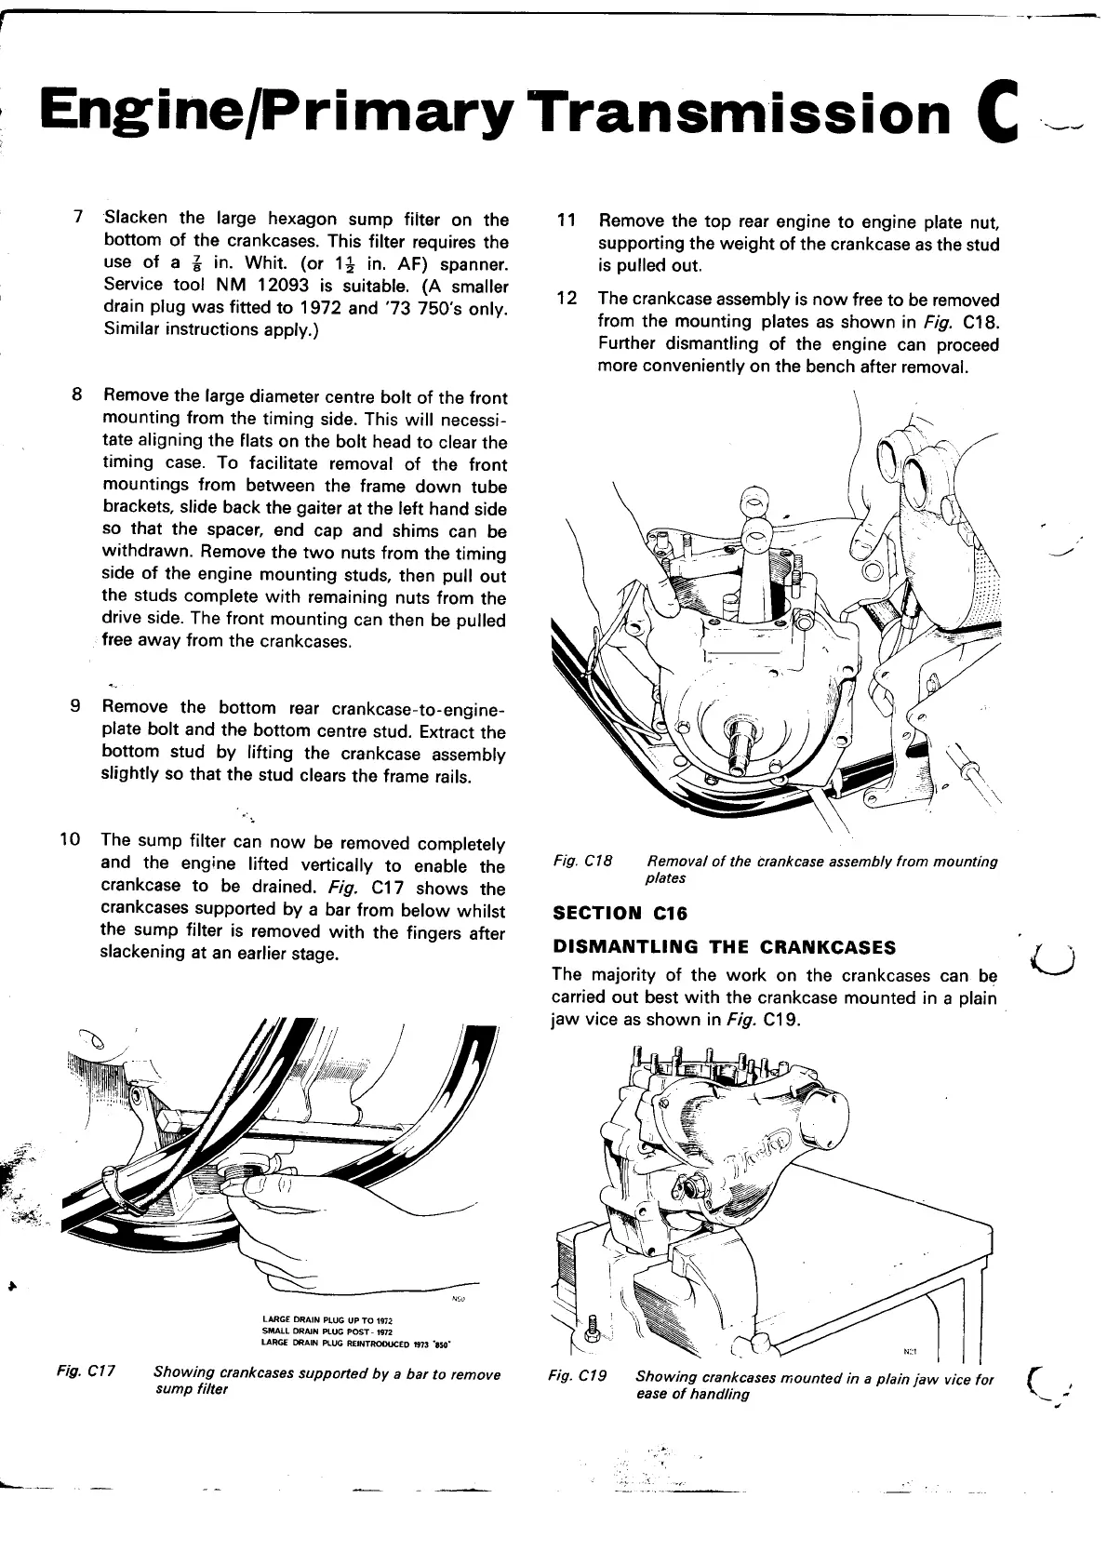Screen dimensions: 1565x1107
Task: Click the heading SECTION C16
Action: point(620,913)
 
